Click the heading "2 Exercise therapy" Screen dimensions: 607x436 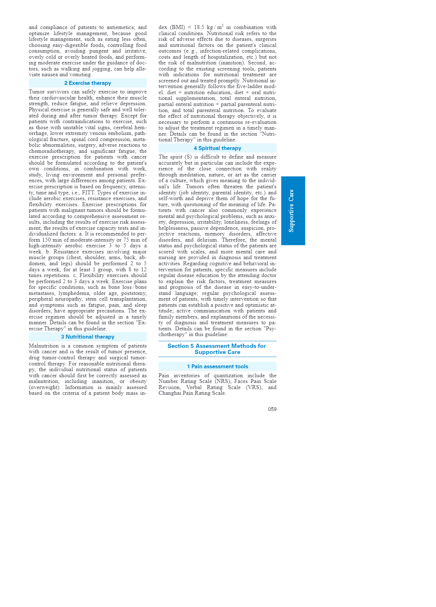(x=88, y=83)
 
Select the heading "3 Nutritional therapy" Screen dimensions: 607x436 (x=88, y=337)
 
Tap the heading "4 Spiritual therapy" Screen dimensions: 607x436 (x=217, y=148)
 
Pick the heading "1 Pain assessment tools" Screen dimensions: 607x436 (x=217, y=366)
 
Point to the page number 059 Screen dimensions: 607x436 (x=272, y=409)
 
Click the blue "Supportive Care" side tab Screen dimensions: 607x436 (x=293, y=211)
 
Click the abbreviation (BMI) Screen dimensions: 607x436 (x=178, y=28)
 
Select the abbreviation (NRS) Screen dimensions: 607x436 (x=223, y=382)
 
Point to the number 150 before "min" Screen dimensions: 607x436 (x=46, y=240)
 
